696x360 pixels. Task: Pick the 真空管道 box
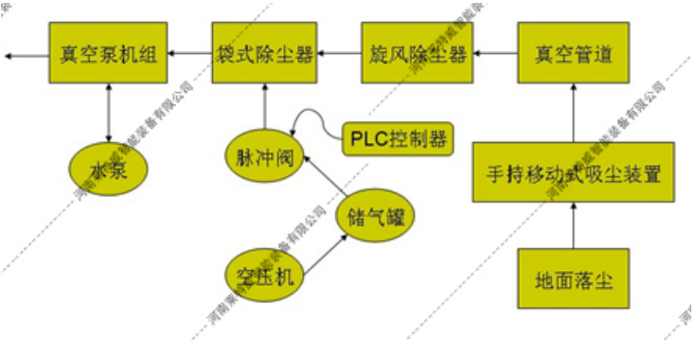(x=573, y=54)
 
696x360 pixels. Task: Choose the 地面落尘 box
(x=573, y=279)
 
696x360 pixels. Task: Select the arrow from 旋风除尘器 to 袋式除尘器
(x=339, y=54)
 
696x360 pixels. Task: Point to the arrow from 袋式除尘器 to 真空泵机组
(x=190, y=54)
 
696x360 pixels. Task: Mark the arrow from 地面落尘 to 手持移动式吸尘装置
(x=573, y=226)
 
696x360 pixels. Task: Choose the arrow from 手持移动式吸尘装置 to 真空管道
(x=573, y=113)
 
